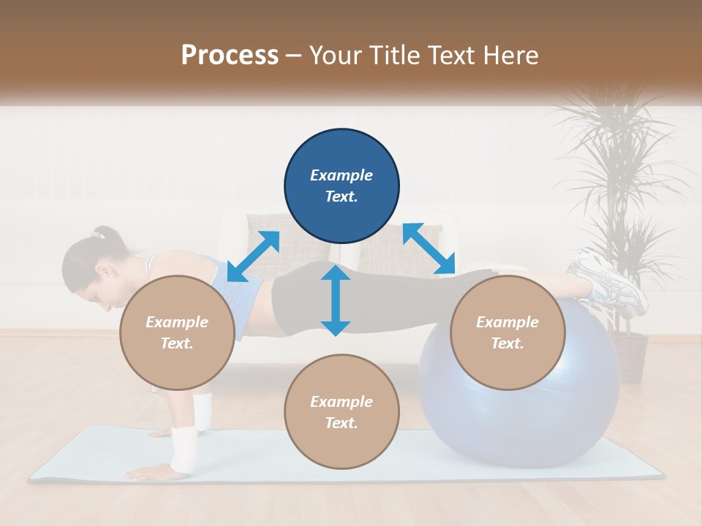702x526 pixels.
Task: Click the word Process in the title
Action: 230,56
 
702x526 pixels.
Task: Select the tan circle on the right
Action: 507,332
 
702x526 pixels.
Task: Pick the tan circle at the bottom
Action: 341,412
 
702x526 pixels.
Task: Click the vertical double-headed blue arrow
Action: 336,300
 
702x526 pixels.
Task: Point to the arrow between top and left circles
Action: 253,256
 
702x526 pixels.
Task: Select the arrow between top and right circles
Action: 428,249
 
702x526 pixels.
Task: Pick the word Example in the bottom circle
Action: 341,402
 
